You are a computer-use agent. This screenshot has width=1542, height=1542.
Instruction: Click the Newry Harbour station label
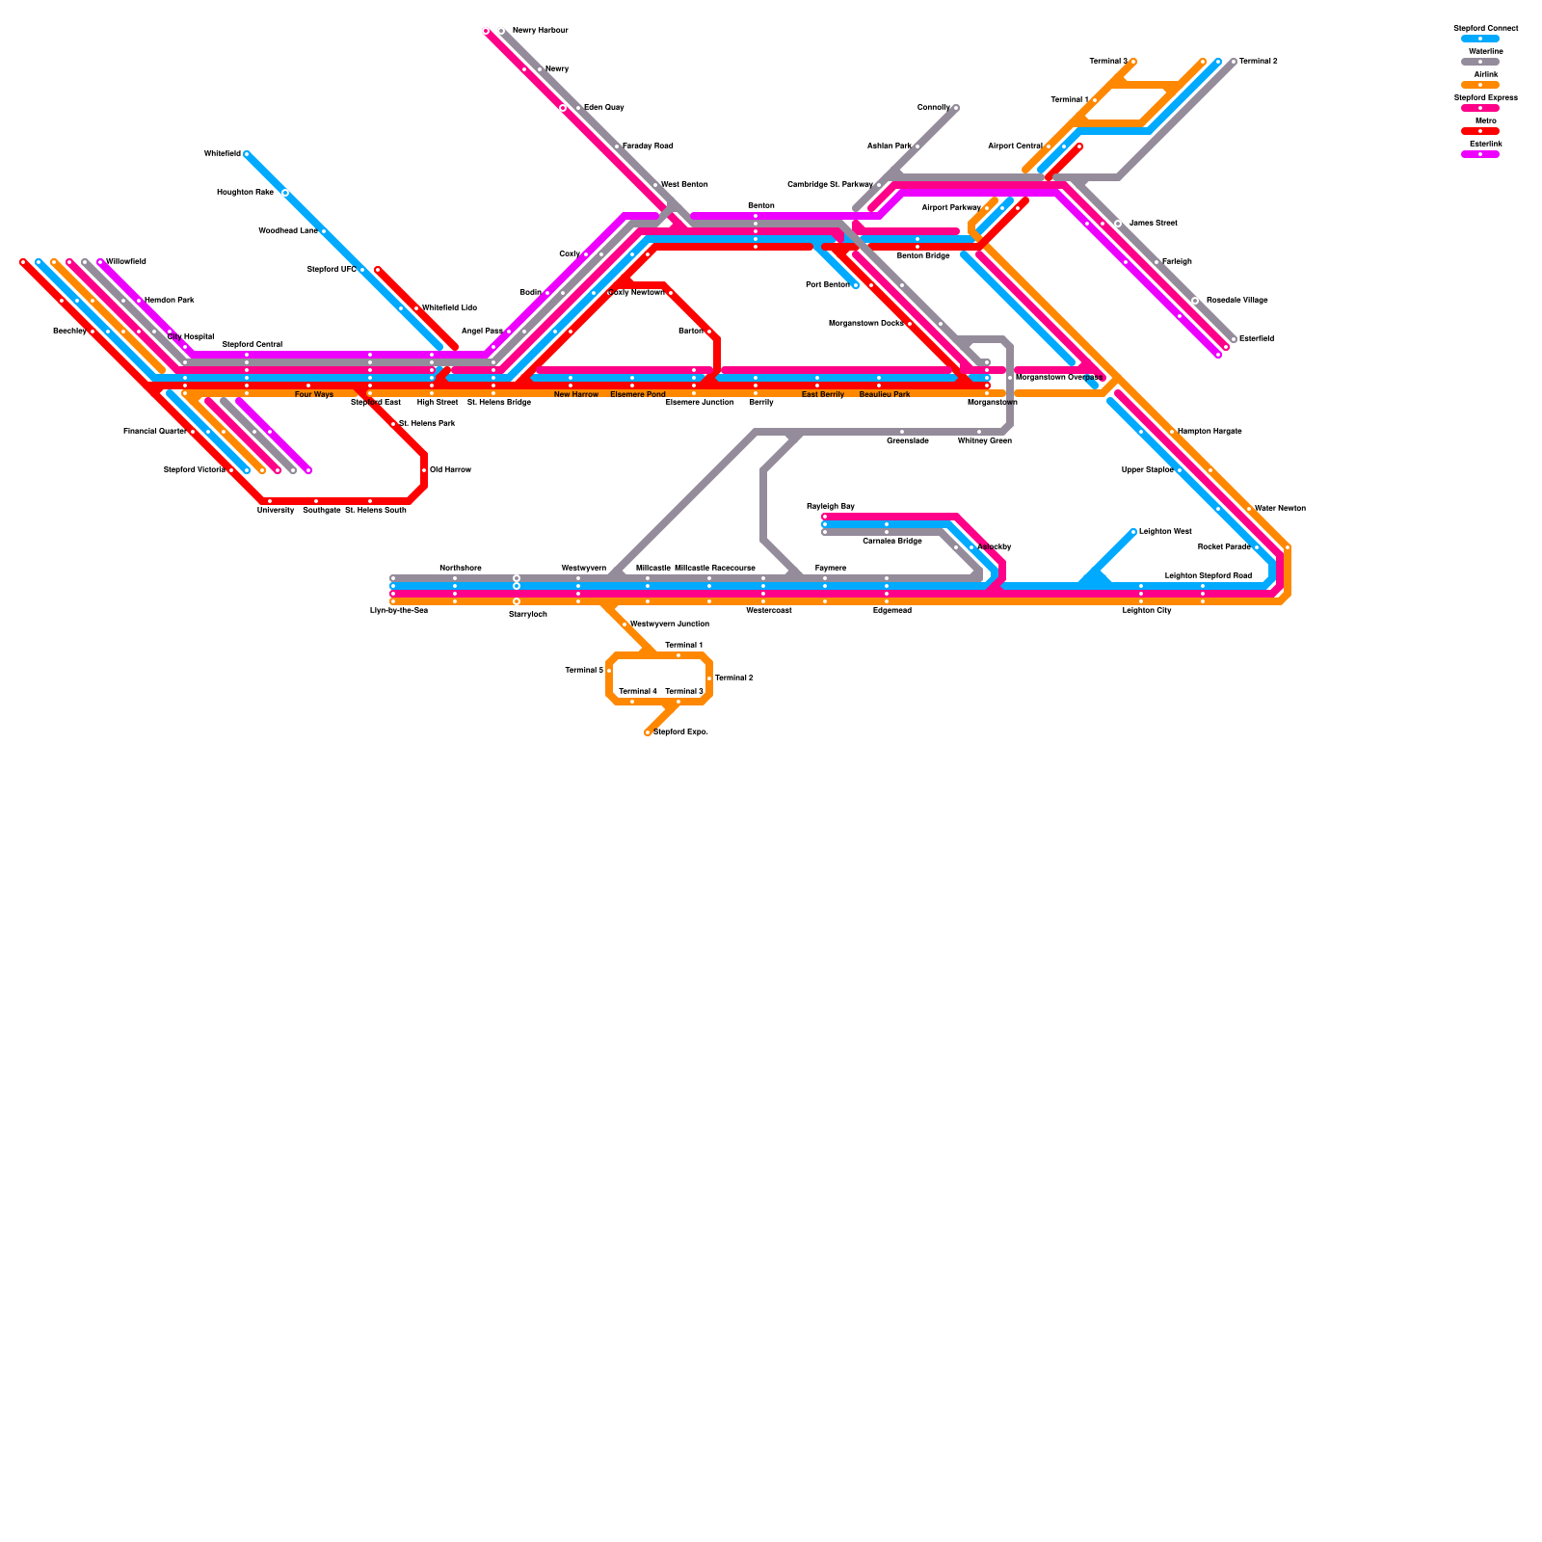[x=540, y=31]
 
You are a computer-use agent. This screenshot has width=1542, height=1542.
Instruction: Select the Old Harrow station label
[x=450, y=470]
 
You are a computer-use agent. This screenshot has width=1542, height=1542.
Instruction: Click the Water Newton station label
[x=1280, y=509]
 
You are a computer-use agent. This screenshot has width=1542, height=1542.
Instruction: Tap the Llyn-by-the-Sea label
[x=398, y=611]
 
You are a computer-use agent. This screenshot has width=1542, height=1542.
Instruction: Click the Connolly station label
[x=933, y=108]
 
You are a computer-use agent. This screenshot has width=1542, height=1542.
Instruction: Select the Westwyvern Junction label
[x=669, y=625]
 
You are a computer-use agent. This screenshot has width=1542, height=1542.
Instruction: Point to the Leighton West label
[x=1165, y=532]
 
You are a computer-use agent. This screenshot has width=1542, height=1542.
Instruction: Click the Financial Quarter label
[x=154, y=432]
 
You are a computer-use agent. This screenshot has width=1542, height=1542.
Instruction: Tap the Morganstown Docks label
[x=865, y=324]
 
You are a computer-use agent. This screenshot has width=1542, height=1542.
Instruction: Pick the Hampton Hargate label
[x=1210, y=432]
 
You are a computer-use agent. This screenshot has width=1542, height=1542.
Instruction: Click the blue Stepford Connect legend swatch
[x=1479, y=39]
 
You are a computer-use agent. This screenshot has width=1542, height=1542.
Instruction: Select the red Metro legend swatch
[x=1479, y=131]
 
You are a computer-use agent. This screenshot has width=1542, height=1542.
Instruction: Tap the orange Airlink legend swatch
[x=1479, y=85]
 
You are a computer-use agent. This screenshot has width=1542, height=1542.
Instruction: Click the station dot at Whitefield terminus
[x=247, y=154]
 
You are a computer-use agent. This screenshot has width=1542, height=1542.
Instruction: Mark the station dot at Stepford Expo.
[x=648, y=732]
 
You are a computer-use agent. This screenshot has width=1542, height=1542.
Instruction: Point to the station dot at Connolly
[x=956, y=108]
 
